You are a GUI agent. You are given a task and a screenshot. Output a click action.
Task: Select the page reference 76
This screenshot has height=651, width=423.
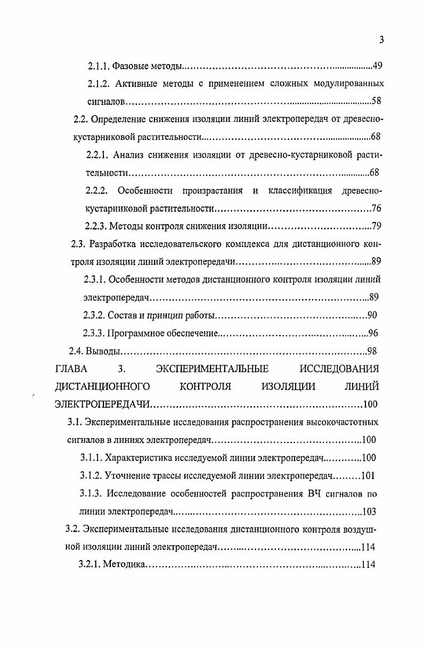(376, 208)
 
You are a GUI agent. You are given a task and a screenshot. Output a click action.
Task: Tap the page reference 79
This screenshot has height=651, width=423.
(376, 226)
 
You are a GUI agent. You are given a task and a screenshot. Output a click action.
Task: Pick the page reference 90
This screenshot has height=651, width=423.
(372, 315)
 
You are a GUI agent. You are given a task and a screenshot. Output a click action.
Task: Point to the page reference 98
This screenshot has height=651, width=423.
(372, 351)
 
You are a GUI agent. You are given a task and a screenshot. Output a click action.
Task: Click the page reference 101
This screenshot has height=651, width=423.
(369, 475)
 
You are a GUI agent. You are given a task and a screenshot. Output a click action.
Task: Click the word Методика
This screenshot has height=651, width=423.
(124, 564)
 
